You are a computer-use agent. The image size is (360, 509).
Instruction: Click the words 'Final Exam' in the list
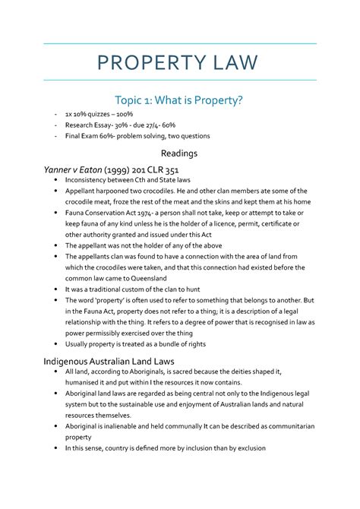(85, 137)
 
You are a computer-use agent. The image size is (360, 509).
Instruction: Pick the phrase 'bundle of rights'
(182, 343)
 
